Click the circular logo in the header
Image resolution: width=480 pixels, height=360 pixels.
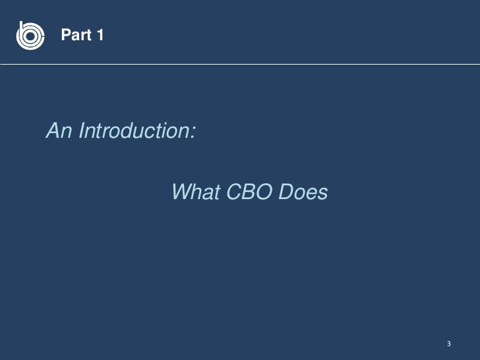pos(30,35)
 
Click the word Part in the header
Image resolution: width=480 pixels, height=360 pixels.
pos(75,36)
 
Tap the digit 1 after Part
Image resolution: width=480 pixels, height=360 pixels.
pos(99,36)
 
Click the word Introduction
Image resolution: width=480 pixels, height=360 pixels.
pos(133,132)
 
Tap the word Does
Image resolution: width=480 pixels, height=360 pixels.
pos(303,193)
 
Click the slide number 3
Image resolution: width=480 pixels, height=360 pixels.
pos(448,344)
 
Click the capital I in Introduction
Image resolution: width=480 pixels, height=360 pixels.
pos(81,132)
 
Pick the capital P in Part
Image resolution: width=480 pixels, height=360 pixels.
pos(65,36)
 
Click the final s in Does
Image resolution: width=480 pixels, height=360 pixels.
pos(322,194)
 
